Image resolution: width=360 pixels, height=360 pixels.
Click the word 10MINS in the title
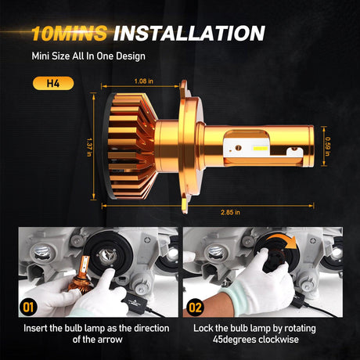pos(69,34)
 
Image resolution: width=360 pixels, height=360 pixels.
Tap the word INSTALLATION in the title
pos(189,33)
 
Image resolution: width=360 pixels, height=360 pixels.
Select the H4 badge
pos(53,83)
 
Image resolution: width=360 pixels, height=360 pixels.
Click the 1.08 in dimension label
pos(144,81)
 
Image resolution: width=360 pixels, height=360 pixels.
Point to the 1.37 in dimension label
pos(89,147)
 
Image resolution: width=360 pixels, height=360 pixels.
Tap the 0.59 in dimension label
pos(328,146)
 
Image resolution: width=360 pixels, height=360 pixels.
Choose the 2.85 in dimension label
pos(230,212)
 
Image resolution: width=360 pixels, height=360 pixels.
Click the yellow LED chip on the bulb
pos(261,149)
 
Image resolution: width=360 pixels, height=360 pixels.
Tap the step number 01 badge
pos(28,308)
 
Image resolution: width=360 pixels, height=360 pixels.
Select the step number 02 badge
pos(195,308)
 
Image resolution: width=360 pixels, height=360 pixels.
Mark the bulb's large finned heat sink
pos(131,146)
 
